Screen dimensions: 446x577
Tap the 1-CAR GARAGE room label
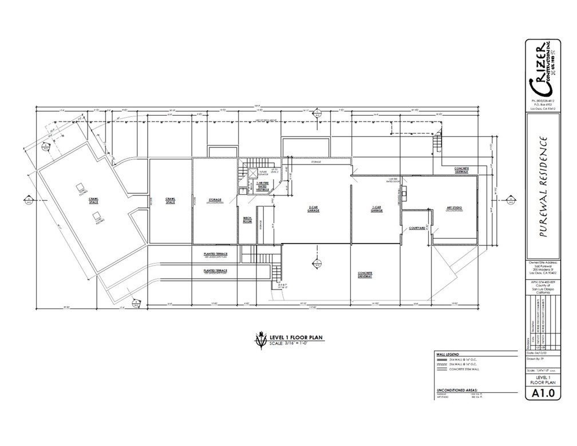point(377,210)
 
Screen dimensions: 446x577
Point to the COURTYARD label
point(417,228)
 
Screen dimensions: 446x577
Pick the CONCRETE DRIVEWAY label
point(365,275)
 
